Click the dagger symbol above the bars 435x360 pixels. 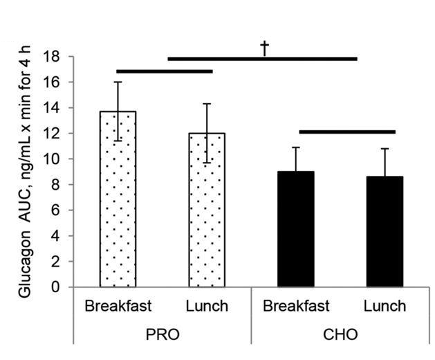coord(263,47)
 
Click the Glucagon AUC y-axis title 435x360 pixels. coord(25,170)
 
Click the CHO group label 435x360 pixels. coord(340,334)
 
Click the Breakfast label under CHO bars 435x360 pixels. coord(296,305)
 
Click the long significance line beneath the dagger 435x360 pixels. coord(263,59)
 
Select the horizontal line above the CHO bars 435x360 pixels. coord(347,131)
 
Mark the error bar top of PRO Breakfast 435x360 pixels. coord(118,82)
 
